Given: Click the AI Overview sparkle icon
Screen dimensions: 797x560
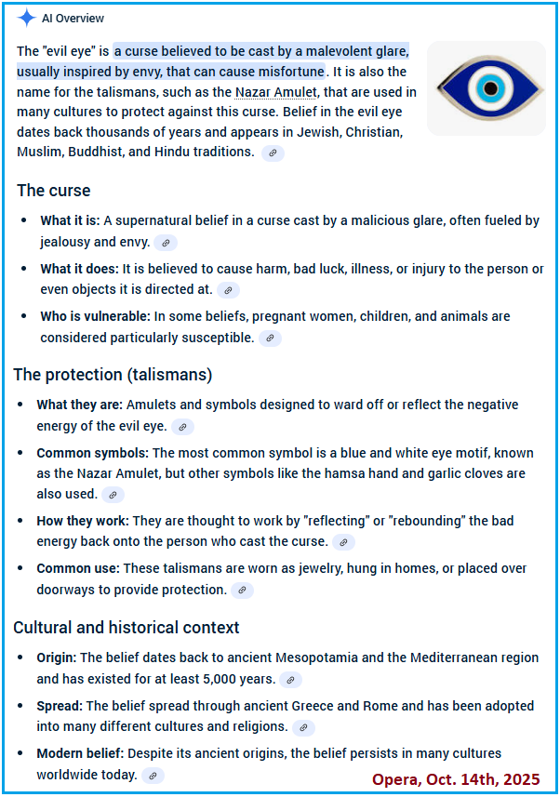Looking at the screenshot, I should tap(27, 18).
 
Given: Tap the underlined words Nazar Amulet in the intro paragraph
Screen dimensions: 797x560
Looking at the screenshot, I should tap(276, 92).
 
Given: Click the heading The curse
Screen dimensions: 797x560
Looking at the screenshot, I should tap(54, 191).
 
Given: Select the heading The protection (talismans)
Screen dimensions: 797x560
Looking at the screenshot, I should tap(113, 375).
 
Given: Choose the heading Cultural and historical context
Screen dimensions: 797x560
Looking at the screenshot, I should tap(127, 628).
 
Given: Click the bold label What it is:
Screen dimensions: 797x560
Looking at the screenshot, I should tap(70, 221).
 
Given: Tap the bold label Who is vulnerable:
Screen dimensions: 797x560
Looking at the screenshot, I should tap(95, 317).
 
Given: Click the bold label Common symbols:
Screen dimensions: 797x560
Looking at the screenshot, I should tap(92, 453).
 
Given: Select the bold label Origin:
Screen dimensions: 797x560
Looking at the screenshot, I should tap(57, 658).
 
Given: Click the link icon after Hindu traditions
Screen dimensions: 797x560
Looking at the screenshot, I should tap(273, 153).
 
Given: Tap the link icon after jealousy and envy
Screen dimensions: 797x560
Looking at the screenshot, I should tap(166, 243).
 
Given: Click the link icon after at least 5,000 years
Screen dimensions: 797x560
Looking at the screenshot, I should tap(290, 681).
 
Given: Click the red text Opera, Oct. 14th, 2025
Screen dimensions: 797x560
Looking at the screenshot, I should tap(455, 778).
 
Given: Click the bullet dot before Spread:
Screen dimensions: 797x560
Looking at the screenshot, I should tap(21, 706).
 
